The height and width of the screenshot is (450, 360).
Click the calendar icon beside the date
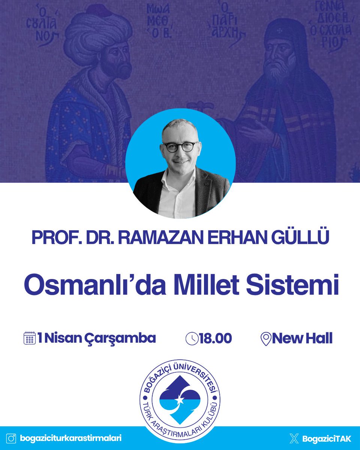[x=30, y=338]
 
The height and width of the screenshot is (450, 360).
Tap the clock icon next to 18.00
[x=192, y=339]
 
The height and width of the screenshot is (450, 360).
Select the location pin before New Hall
[x=265, y=339]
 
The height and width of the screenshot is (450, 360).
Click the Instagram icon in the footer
[x=12, y=438]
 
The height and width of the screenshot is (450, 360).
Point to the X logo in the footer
[x=294, y=438]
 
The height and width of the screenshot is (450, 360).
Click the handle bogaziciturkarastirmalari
[x=71, y=438]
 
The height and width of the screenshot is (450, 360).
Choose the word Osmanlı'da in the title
[x=90, y=286]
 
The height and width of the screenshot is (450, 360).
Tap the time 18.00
[x=215, y=339]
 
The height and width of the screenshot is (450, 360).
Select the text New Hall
[x=302, y=339]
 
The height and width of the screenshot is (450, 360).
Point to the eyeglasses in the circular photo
[x=181, y=147]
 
